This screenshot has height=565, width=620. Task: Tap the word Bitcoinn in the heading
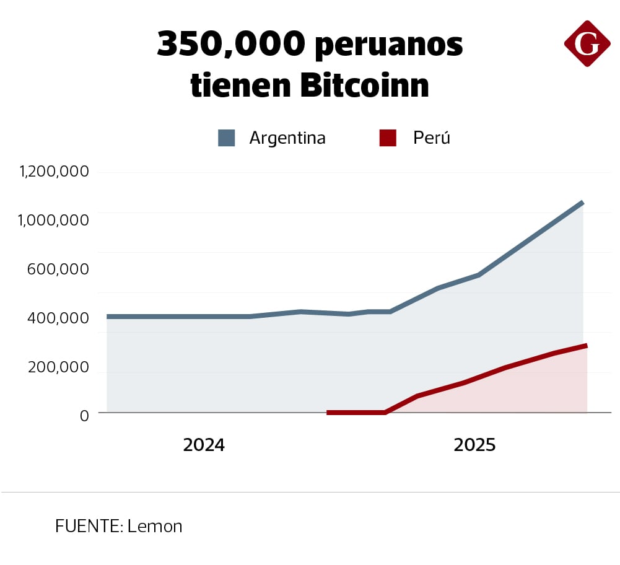(365, 85)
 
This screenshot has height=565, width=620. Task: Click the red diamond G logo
(587, 43)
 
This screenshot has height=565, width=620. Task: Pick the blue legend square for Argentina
(227, 138)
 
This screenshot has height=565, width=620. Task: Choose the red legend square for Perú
(388, 138)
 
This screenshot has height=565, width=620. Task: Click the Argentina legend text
(287, 138)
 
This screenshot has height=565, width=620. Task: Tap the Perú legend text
(432, 138)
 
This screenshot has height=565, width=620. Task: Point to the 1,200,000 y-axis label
(55, 172)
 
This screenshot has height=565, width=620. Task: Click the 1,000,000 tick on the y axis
(55, 221)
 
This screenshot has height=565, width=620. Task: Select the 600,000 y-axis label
(58, 269)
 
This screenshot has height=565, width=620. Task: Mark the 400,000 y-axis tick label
(58, 318)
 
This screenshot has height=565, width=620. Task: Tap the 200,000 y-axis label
(58, 367)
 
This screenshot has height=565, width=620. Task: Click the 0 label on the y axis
(84, 415)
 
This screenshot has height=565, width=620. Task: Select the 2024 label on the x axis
(204, 445)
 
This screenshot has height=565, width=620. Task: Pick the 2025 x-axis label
(474, 445)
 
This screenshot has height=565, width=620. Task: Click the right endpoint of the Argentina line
(582, 203)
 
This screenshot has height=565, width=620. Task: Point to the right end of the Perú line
(585, 346)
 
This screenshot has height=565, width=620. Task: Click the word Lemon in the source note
(155, 527)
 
